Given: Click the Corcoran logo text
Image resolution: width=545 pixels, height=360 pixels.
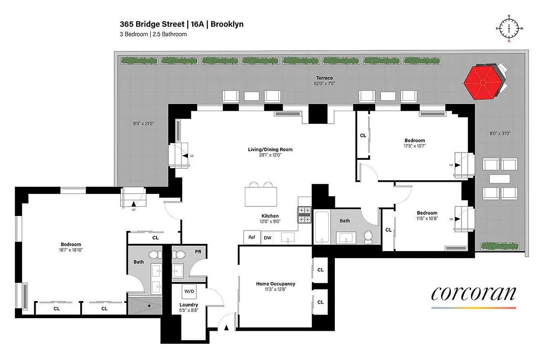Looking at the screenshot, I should [x=473, y=293].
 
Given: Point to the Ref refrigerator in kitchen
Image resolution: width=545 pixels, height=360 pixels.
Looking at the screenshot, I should [x=252, y=238].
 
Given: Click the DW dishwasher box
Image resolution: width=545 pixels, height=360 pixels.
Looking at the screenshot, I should [x=267, y=238].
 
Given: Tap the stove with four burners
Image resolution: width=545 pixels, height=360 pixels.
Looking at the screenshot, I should [x=304, y=215].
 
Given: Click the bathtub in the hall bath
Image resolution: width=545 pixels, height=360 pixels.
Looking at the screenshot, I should [x=321, y=227].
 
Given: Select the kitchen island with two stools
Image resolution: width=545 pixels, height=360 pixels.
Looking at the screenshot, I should [x=261, y=196].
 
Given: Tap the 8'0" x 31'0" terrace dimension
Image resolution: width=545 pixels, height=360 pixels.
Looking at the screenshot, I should [x=500, y=133].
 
